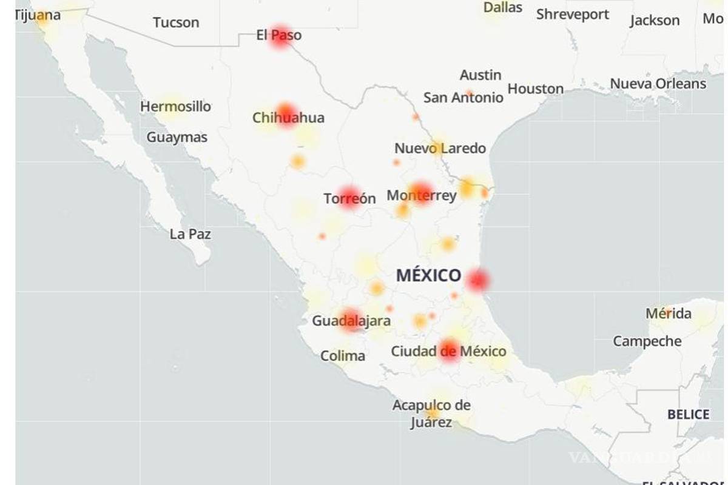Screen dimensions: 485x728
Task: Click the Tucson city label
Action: (176, 22)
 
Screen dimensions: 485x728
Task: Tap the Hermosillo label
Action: (176, 107)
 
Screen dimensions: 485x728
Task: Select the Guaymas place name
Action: (177, 138)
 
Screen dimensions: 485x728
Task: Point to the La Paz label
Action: (190, 234)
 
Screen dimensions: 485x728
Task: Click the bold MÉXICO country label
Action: (429, 276)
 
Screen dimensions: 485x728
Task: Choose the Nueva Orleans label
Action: (658, 84)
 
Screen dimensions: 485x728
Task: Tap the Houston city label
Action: (536, 89)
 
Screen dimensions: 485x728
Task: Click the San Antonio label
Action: (463, 97)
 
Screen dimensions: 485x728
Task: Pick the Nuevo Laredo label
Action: (440, 149)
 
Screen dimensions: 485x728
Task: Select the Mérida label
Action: (669, 313)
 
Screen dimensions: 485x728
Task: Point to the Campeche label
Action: (647, 341)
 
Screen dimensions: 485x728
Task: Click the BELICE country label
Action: (689, 415)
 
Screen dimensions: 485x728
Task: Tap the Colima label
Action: (343, 356)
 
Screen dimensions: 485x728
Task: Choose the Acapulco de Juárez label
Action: (431, 413)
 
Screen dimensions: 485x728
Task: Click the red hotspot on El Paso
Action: (280, 36)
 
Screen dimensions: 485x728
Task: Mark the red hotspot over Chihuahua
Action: (286, 114)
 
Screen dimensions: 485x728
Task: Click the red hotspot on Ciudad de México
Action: (450, 350)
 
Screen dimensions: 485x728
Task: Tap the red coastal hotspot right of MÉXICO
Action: (477, 280)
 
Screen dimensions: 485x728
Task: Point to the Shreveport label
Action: (573, 14)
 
